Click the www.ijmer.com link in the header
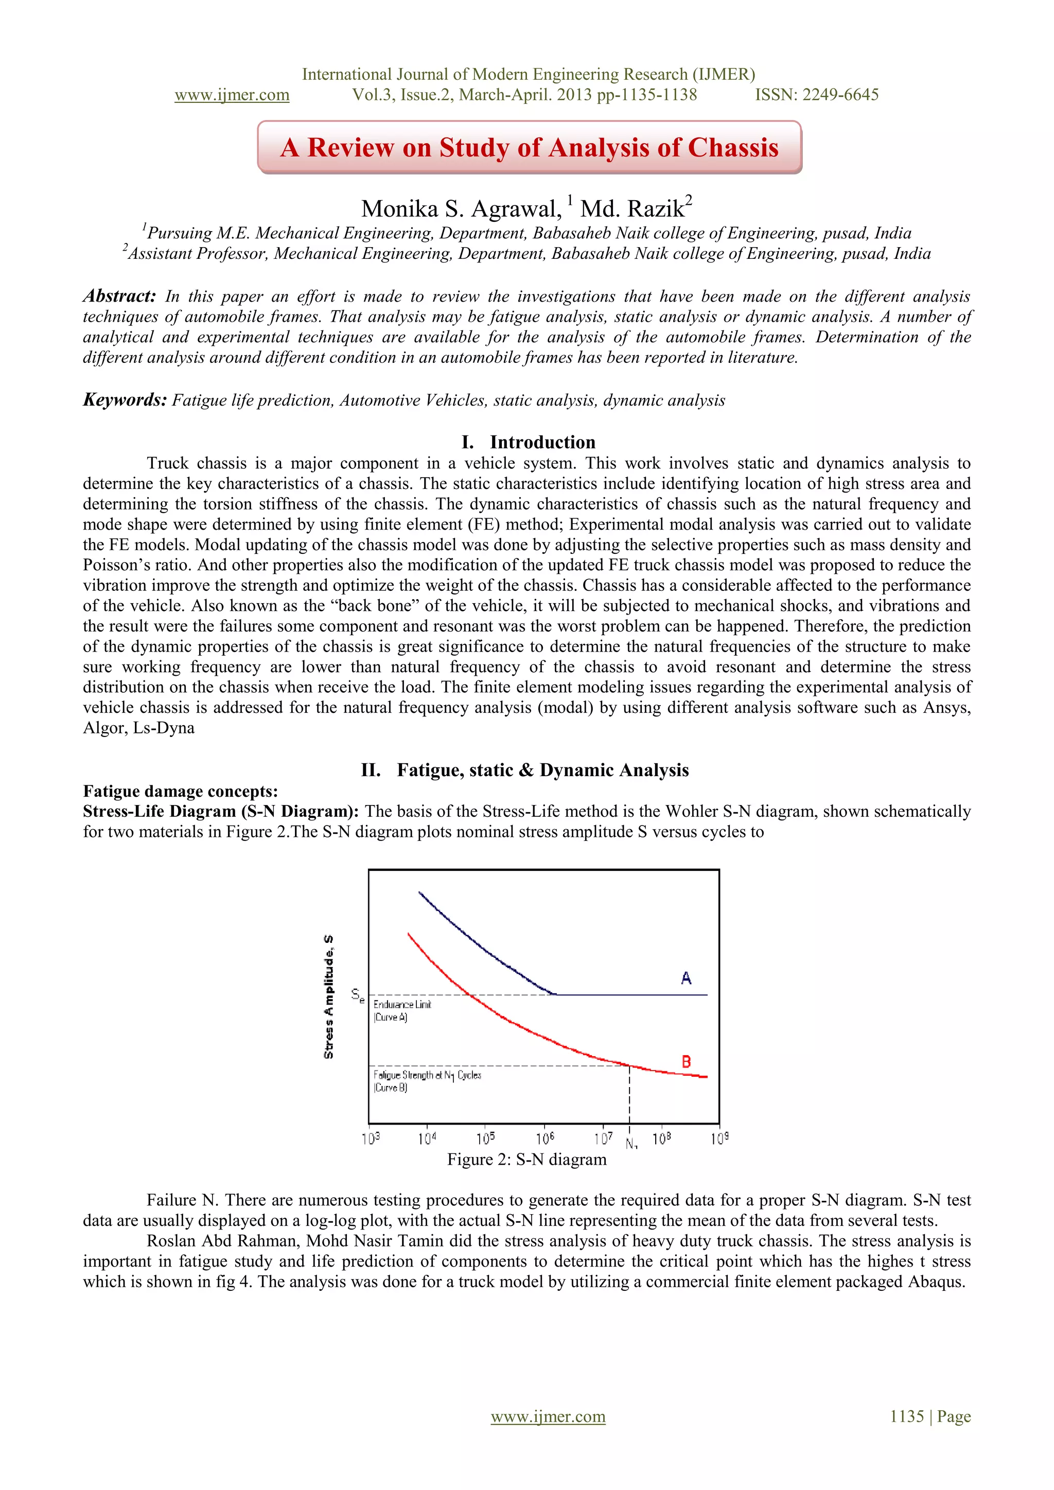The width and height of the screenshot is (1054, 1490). coord(232,95)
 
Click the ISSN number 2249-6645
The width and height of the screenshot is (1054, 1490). coord(840,95)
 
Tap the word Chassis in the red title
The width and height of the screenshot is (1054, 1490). coord(733,147)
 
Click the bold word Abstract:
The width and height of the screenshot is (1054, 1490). coord(119,296)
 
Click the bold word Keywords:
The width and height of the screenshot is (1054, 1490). coord(125,400)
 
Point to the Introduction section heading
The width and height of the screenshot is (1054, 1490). coord(542,442)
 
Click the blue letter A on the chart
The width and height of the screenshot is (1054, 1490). coord(686,978)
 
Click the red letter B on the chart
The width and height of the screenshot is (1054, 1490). coord(686,1062)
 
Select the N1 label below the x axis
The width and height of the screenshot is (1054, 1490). coord(631,1144)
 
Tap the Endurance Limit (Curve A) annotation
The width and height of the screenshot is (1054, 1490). coord(402,1010)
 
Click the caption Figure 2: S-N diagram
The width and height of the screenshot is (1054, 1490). coord(526,1159)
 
